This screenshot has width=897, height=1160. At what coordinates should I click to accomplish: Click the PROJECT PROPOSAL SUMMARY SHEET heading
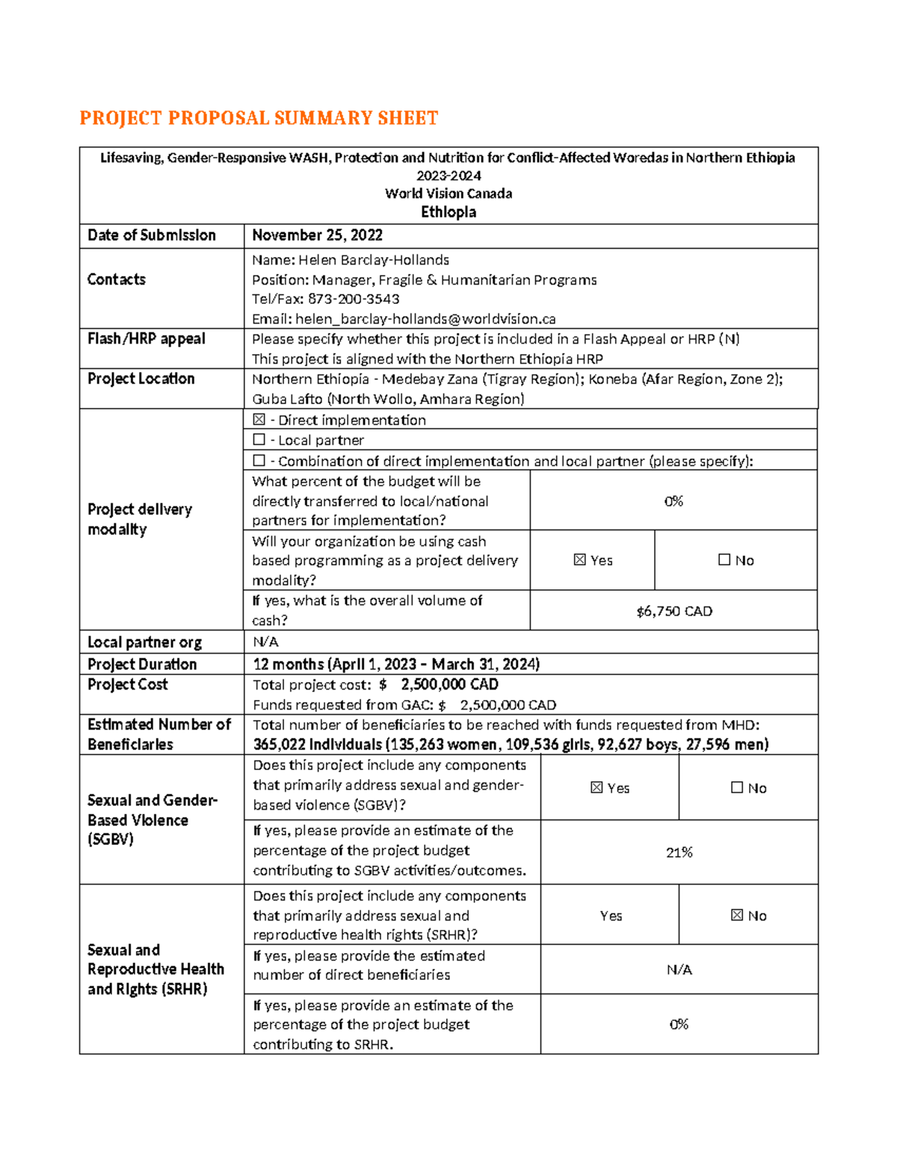tap(259, 118)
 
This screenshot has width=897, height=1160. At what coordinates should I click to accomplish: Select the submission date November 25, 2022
tap(317, 235)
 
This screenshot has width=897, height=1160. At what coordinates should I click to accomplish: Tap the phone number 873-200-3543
tap(354, 299)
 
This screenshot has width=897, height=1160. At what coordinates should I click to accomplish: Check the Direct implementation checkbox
tap(259, 420)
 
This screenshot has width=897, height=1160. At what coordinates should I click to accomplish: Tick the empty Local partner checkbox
tap(259, 440)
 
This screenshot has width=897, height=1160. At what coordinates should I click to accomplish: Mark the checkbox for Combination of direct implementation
tap(259, 461)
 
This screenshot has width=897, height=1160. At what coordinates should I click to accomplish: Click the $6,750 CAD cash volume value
tap(673, 611)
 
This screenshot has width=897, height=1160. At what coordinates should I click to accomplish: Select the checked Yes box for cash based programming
tap(580, 560)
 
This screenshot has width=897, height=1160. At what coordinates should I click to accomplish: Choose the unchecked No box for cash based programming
tap(724, 560)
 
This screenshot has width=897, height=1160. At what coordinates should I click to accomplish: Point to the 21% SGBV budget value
tap(679, 852)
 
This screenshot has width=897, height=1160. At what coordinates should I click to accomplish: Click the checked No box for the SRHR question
tap(737, 916)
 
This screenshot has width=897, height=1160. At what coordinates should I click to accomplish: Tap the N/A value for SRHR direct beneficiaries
tap(679, 970)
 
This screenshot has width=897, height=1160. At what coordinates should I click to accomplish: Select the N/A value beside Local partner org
tap(265, 642)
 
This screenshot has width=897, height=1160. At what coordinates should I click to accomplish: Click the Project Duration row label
tap(142, 664)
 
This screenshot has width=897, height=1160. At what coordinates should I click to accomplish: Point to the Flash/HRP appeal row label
tap(146, 338)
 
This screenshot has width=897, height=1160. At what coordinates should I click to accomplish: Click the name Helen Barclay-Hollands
tap(374, 260)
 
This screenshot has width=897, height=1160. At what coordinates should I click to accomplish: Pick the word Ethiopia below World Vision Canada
tap(449, 212)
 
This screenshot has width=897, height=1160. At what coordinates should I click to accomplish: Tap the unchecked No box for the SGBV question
tap(737, 788)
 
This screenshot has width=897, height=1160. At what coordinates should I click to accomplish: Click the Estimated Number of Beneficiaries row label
tap(158, 734)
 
